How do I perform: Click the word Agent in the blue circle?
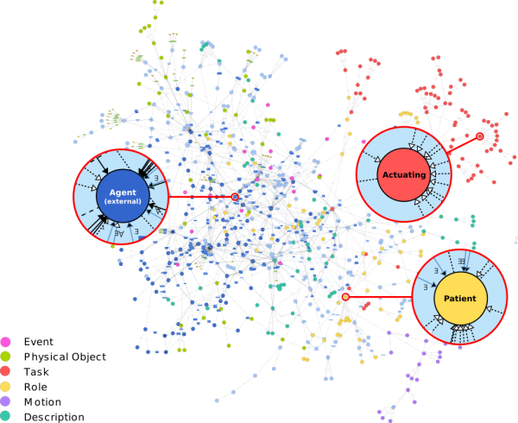coord(123,193)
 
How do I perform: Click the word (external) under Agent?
coord(123,202)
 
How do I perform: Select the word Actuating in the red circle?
coord(404,175)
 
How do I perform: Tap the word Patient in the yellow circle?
coord(459,299)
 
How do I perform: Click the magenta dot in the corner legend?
coord(5,342)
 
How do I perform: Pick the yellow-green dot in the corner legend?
coord(5,357)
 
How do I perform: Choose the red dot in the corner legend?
coord(5,371)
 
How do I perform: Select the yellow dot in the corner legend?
coord(5,386)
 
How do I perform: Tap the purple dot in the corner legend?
coord(5,401)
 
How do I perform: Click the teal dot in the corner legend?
coord(5,415)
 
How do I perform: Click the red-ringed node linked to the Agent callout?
coord(235,197)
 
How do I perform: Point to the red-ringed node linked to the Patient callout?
coord(345,297)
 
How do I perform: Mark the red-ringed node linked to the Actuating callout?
coord(480,136)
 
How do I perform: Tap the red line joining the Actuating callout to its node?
coord(464,144)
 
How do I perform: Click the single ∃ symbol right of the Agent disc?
coord(156,180)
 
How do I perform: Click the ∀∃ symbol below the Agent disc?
coord(120,232)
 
